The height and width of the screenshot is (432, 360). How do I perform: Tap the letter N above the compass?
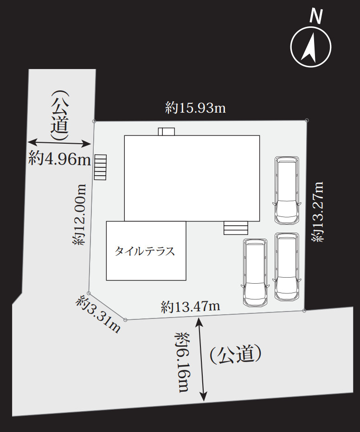316,17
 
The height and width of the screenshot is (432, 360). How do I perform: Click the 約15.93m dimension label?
195,108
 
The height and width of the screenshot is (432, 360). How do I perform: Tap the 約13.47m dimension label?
190,306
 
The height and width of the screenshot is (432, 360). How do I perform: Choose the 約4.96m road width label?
59,159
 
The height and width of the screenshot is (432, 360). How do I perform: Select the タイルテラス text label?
145,251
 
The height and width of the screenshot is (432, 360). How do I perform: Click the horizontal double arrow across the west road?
59,143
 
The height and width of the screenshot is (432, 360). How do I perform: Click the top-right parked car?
286,190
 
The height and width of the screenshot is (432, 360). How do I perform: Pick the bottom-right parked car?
286,267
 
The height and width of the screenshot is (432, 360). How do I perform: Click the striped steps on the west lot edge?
100,167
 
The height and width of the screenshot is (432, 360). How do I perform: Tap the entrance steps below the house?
236,228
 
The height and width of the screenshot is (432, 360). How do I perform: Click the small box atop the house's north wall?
166,132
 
